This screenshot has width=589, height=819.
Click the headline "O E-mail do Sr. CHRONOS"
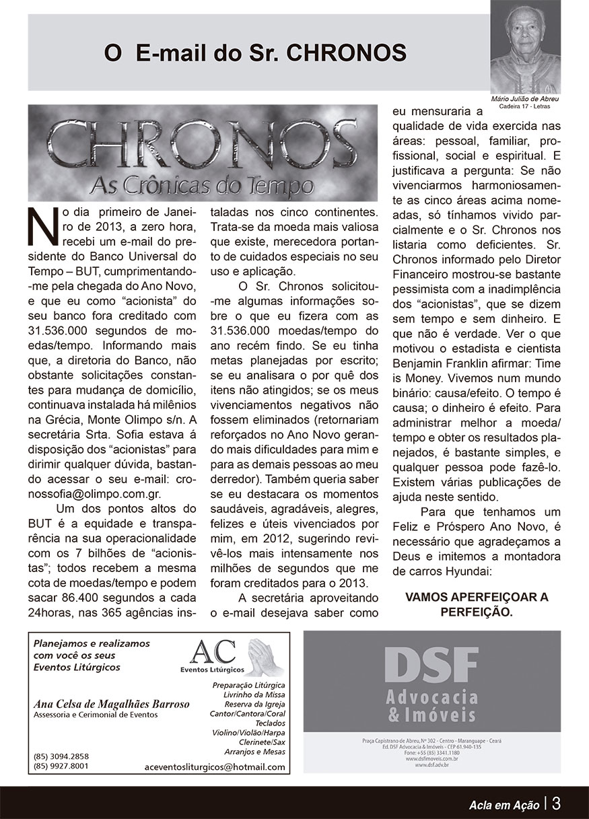255,53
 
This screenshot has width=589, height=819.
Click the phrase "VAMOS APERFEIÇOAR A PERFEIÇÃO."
477,605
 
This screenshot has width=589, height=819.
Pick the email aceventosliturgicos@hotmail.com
215,767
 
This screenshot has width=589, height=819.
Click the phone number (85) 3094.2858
61,756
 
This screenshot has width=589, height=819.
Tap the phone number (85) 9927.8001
61,765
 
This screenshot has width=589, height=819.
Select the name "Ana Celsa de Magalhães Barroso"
112,704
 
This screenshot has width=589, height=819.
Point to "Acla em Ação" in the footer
504,804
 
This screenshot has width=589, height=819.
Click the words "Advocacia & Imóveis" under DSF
431,705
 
